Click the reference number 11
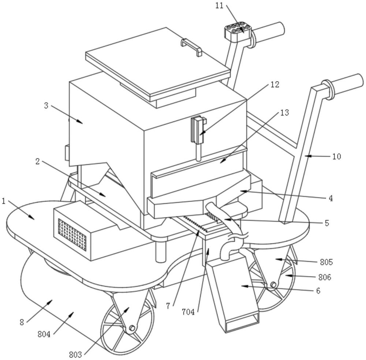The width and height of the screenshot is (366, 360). pos(219,5)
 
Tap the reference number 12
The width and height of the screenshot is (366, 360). pos(275,85)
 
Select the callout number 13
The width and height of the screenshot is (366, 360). pos(284,113)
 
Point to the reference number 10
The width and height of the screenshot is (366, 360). pos(337,156)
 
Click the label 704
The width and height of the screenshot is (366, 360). pos(188,312)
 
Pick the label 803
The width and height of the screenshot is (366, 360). pos(75,355)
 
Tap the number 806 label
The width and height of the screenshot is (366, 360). pos(325,277)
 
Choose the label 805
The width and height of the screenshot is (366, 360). pos(326,262)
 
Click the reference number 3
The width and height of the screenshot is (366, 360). pos(46,105)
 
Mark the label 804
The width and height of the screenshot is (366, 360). pos(44,334)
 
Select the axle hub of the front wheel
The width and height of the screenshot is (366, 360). pos(132,328)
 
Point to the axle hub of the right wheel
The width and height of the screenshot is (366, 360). pos(273,285)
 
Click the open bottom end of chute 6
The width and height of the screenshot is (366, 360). pos(243,323)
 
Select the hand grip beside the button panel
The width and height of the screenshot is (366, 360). pos(268,31)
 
